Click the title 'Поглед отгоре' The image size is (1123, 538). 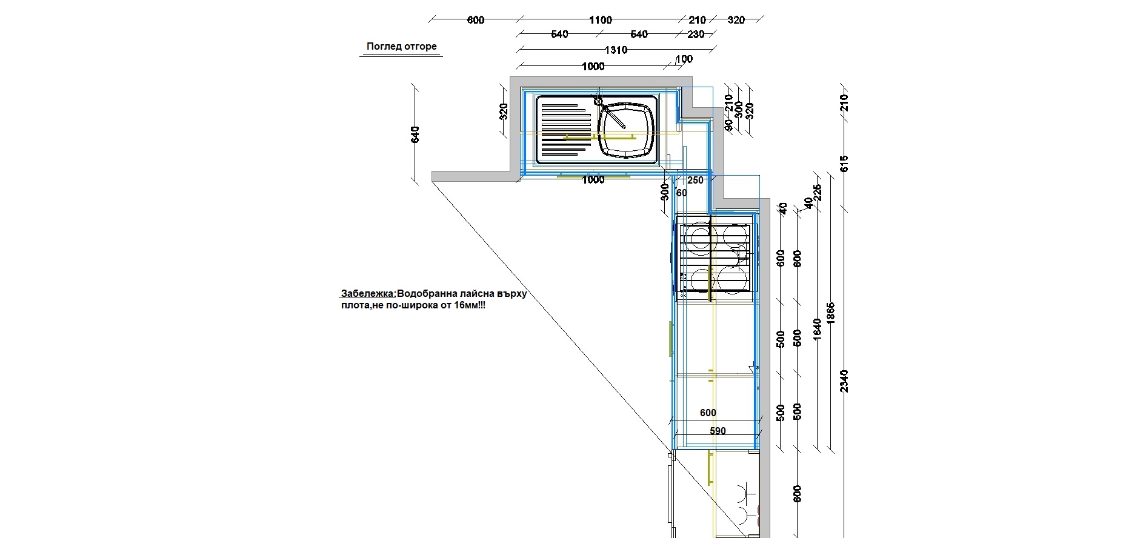coord(401,47)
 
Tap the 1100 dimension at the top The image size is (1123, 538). coord(600,20)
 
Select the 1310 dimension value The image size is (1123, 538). coord(615,50)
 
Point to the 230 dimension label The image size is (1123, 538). coord(696,35)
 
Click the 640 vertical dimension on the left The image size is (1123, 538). coord(415,134)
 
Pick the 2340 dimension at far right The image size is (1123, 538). coord(845,381)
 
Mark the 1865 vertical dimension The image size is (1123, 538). coord(831,314)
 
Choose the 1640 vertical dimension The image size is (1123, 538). coord(817,330)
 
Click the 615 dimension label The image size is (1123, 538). coord(845,164)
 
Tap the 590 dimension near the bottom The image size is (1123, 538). coord(718,431)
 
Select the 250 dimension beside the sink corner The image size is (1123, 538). coord(696,181)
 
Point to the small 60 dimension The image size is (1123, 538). coord(682,193)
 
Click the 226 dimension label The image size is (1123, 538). coord(817,192)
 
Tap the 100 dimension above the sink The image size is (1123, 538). coord(684,59)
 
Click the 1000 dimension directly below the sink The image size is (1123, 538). coord(593,180)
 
